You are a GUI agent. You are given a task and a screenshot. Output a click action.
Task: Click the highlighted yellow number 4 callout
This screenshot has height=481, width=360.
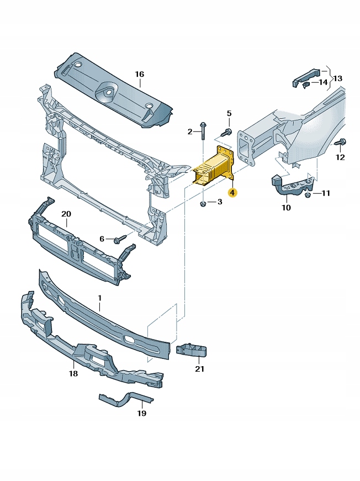(233, 193)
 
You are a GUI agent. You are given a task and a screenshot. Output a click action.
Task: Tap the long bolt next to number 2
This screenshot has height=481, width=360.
(203, 132)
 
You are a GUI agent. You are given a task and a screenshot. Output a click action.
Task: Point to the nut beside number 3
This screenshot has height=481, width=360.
(203, 204)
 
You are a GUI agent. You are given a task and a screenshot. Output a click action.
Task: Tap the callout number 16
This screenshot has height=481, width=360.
(139, 74)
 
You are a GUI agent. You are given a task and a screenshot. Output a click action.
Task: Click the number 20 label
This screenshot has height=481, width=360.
(66, 214)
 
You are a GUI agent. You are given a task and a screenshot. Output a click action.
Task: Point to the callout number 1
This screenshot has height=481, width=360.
(100, 299)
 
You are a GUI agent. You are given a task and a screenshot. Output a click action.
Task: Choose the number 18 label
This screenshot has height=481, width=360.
(73, 374)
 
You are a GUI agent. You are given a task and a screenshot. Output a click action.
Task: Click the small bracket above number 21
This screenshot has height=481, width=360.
(192, 350)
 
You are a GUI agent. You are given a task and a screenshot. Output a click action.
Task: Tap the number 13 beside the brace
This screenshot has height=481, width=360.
(338, 78)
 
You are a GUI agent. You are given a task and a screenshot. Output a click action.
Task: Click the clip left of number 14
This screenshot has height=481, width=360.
(308, 83)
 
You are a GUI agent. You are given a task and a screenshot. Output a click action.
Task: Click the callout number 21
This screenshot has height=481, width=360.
(200, 368)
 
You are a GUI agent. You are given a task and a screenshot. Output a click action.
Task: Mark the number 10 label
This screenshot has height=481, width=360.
(285, 208)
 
